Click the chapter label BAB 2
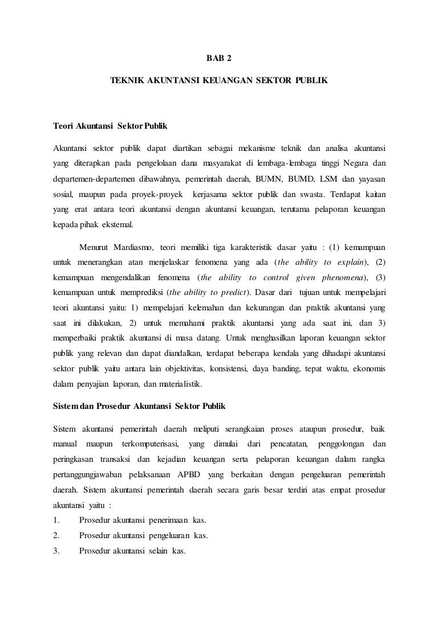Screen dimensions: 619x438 [x=218, y=58]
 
